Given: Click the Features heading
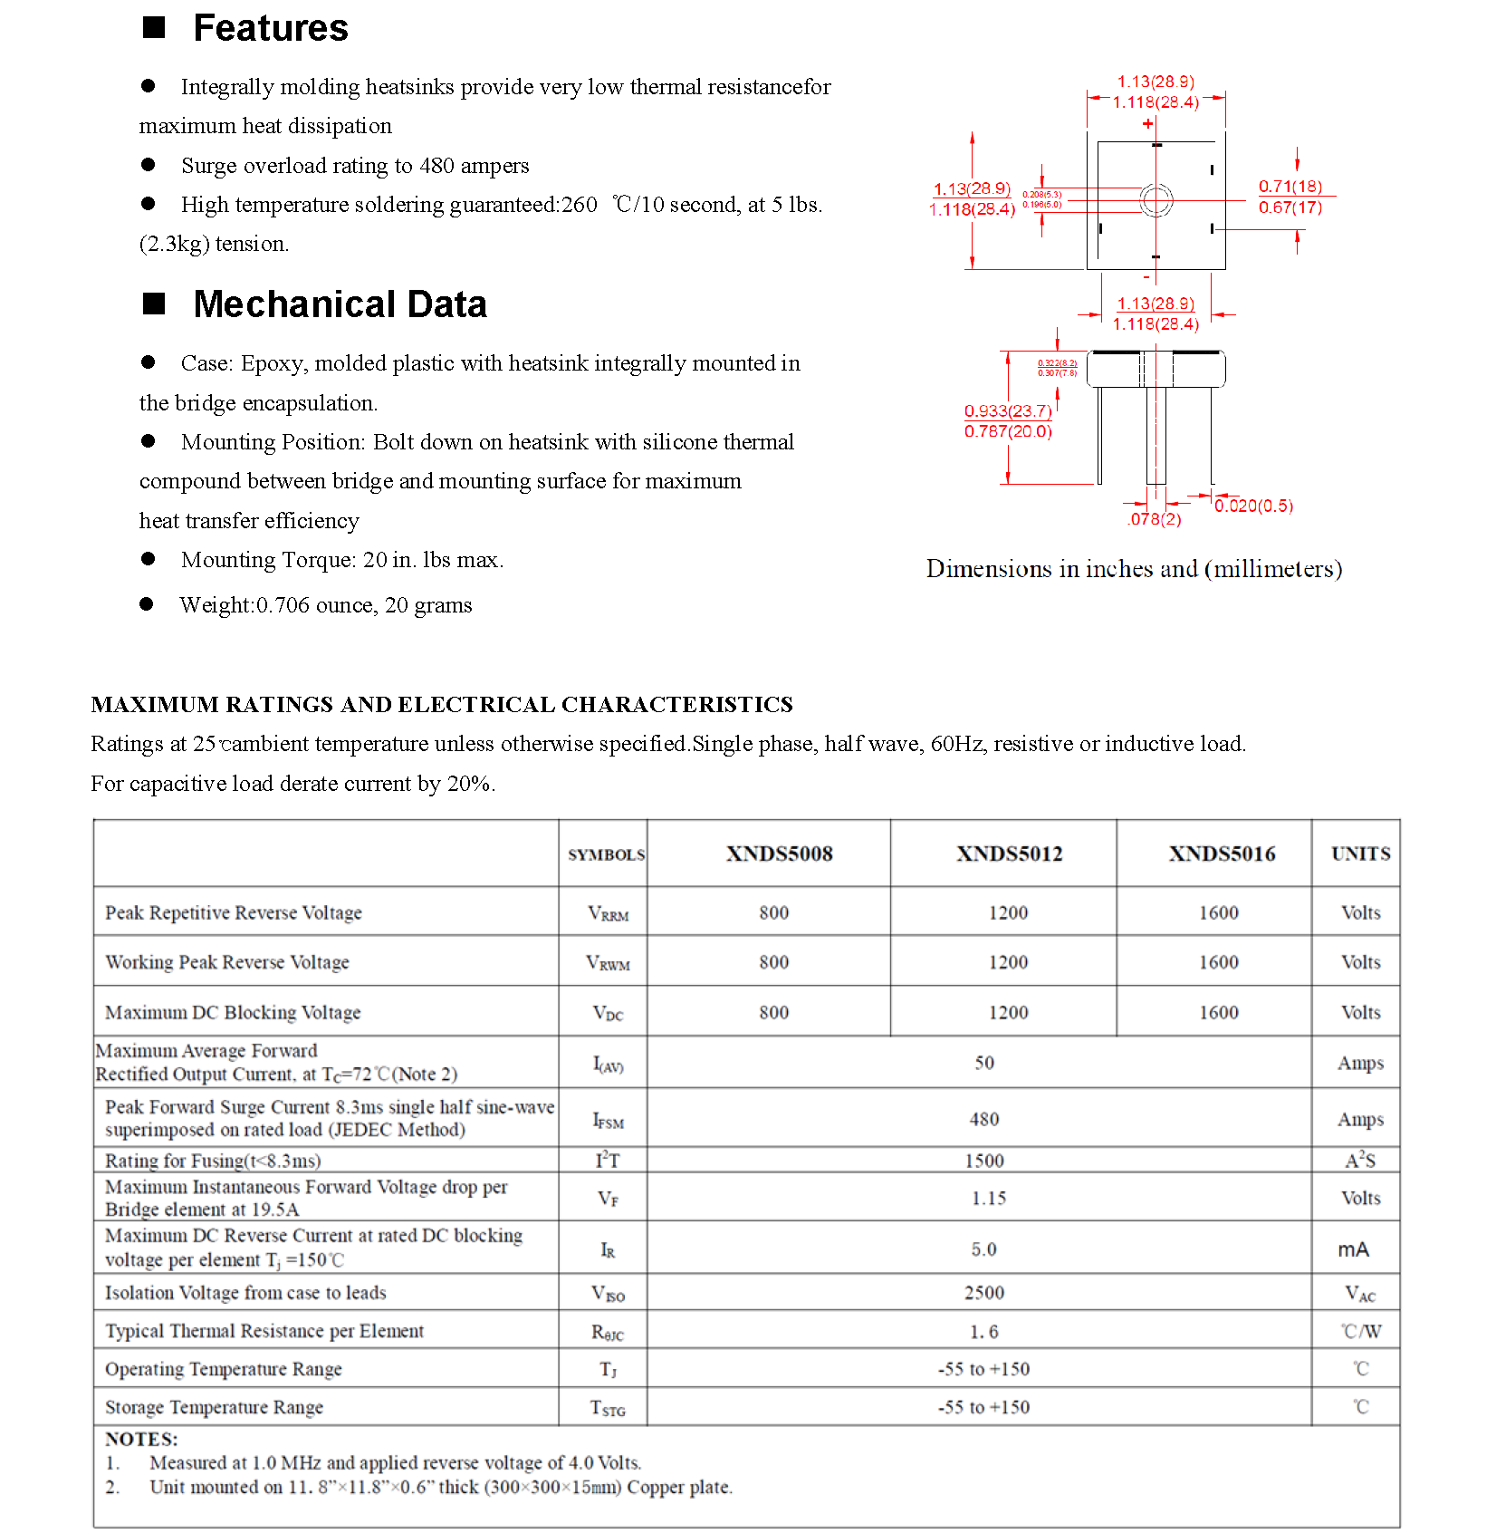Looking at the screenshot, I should coord(270,29).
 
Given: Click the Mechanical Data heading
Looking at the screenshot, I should coord(340,304).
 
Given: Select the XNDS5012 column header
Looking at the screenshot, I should coord(1009,853).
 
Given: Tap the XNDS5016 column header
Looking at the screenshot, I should coord(1222,853).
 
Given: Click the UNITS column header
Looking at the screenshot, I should coord(1360,853).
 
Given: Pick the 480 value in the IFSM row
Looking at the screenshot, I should coord(984,1119).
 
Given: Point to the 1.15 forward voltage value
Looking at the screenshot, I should coord(989,1198).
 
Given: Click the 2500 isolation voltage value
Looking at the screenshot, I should coord(984,1293).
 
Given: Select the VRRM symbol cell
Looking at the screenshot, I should coord(608,913).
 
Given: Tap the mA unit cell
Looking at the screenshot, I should coord(1354,1249).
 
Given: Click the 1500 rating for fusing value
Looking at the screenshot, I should coord(984,1161).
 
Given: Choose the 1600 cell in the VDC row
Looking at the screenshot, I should coord(1219,1012).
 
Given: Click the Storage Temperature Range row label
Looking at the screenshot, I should coord(214,1407).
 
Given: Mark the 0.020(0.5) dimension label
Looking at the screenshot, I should coord(1254,506).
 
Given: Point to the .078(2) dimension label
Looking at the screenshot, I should coord(1155,519).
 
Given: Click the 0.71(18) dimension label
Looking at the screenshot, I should coord(1290,187).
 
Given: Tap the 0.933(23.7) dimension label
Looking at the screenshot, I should coord(1008,410).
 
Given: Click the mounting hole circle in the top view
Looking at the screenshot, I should coord(1156,200).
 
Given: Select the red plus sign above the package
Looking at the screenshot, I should coord(1148,123).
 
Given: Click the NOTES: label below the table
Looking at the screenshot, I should coord(141,1439).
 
